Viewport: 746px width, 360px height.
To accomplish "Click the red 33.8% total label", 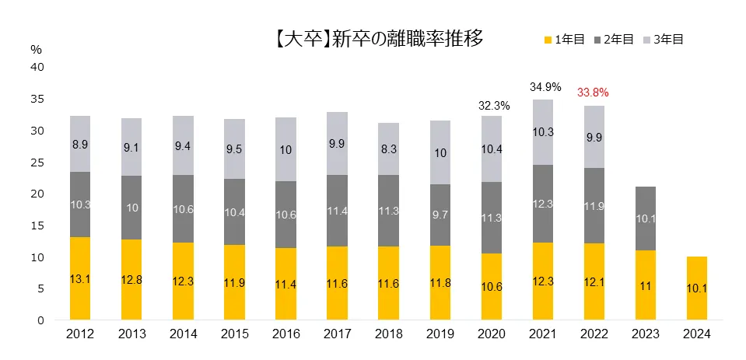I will [x=593, y=93].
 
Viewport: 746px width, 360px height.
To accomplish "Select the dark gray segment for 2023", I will [x=644, y=218].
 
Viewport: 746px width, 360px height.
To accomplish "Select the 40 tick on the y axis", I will [x=38, y=67].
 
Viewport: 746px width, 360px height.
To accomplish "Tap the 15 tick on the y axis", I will [x=38, y=225].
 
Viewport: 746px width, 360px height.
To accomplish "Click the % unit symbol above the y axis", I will [x=36, y=49].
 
